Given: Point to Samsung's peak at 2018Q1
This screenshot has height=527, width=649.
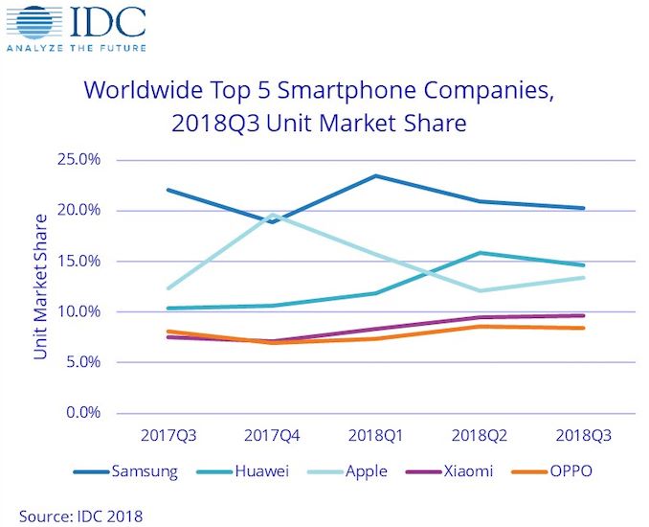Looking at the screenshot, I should (x=376, y=175).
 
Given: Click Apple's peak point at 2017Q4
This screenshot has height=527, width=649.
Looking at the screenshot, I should (x=273, y=215).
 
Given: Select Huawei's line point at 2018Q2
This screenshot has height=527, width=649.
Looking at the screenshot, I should (x=480, y=253).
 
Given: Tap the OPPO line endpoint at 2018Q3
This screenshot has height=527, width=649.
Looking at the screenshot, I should (x=583, y=328).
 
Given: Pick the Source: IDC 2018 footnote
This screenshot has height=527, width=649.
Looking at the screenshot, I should (x=79, y=516).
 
